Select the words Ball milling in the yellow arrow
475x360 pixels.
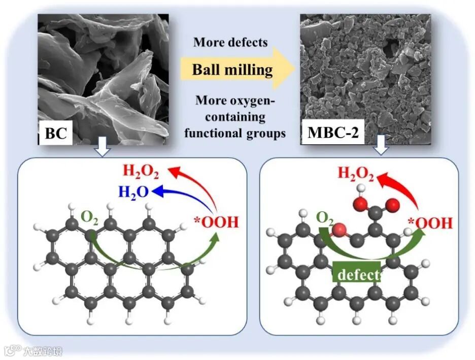[232, 69]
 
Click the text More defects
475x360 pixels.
[230, 42]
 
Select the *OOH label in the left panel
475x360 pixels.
[216, 222]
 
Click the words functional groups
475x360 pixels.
[234, 133]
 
